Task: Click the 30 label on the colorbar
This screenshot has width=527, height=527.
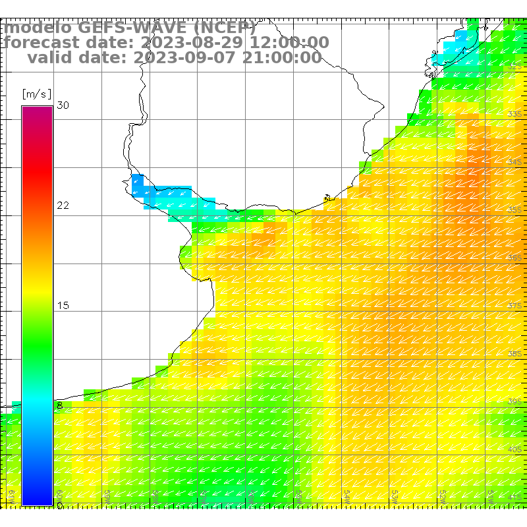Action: pos(63,105)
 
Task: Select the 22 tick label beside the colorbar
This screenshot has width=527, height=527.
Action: pos(63,206)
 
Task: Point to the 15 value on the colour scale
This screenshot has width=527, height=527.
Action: pos(63,306)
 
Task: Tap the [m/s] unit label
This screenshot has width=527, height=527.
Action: pos(37,94)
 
